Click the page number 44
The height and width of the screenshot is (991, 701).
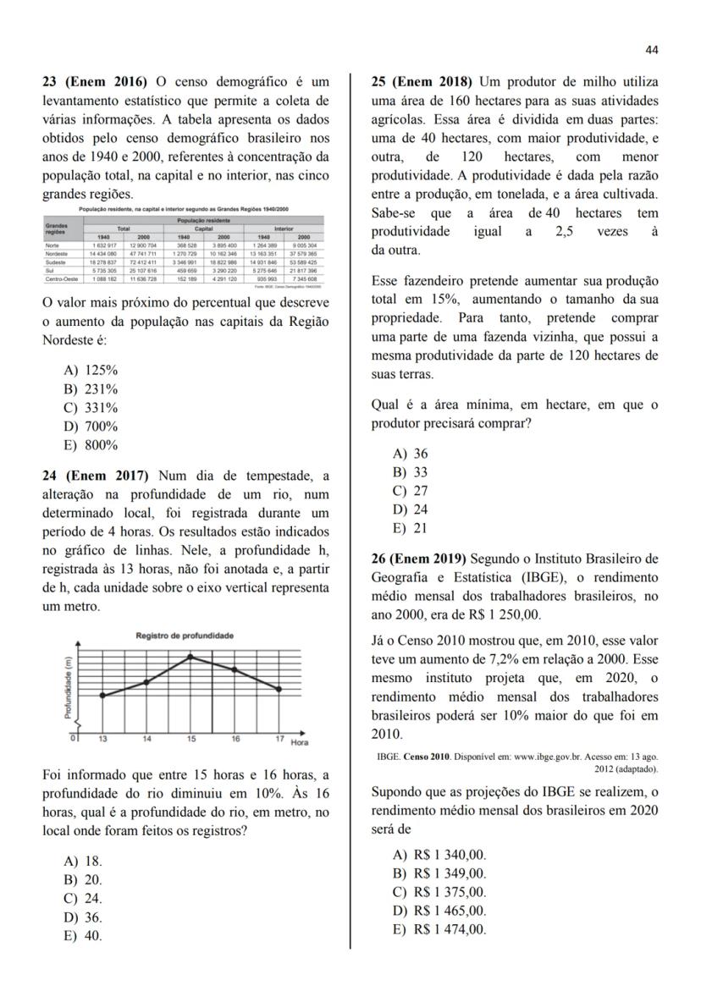click(x=651, y=50)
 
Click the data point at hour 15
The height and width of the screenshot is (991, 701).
click(x=191, y=656)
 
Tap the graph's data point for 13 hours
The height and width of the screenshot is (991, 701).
click(x=102, y=695)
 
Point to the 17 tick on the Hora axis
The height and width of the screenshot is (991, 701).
click(x=279, y=740)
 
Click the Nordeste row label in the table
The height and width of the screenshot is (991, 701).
click(x=58, y=253)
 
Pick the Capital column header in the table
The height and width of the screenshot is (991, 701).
click(x=204, y=228)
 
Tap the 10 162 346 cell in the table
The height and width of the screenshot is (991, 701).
click(x=223, y=253)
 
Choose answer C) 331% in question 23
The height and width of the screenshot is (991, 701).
click(x=91, y=408)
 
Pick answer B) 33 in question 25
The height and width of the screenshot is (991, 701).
click(x=411, y=472)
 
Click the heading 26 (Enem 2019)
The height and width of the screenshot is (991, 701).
click(x=419, y=559)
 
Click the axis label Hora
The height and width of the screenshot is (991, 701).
click(x=299, y=742)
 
